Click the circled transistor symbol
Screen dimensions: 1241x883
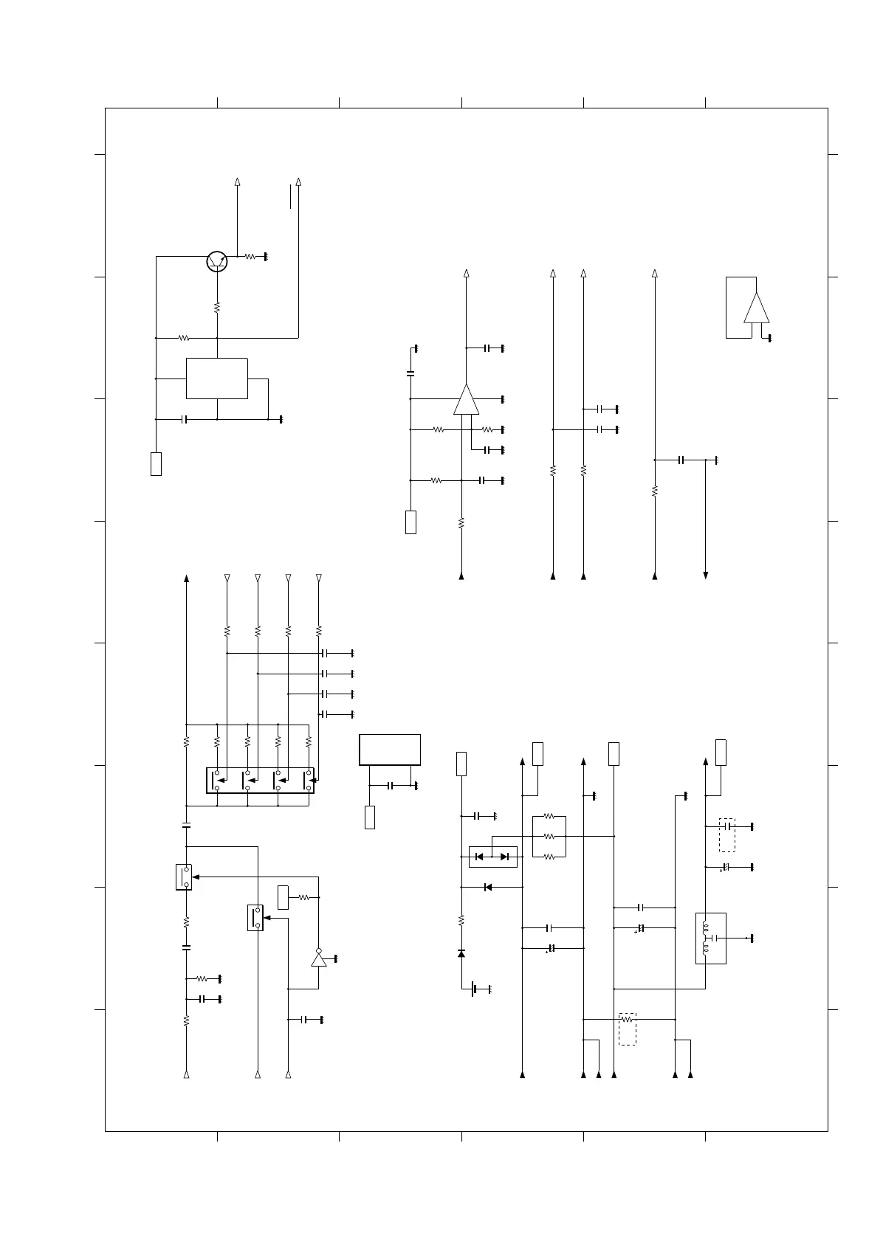217,261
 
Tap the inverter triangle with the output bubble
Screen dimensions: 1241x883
318,958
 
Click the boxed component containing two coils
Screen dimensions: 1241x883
710,938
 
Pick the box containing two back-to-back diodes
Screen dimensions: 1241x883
492,857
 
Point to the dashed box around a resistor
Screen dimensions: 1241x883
627,1029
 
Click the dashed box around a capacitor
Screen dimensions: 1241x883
727,834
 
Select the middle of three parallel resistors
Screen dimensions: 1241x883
549,837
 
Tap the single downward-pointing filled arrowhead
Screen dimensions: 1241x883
706,575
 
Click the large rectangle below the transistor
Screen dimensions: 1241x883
216,378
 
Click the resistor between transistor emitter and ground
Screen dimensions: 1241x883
250,257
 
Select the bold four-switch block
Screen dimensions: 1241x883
260,780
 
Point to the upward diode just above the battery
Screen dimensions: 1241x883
461,954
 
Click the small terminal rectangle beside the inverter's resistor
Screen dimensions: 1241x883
283,896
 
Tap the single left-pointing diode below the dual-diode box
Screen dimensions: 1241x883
487,887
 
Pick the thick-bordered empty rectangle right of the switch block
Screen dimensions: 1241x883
390,750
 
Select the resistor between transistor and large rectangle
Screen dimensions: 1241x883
217,306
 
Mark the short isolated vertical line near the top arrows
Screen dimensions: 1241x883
291,197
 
